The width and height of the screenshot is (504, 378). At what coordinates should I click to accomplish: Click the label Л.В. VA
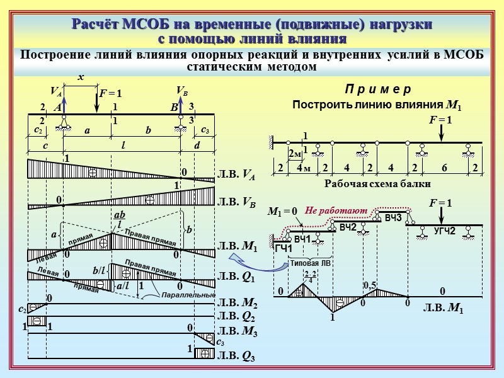(237, 176)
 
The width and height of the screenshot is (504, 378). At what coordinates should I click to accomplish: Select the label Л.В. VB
(237, 202)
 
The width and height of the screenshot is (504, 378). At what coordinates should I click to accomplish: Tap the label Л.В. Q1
(236, 276)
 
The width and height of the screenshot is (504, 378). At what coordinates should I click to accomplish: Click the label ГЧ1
(283, 249)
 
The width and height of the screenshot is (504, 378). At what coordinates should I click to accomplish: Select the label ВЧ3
(393, 217)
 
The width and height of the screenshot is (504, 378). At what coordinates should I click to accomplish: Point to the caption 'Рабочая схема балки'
(377, 184)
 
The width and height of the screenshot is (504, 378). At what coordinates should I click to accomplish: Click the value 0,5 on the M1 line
(370, 286)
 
